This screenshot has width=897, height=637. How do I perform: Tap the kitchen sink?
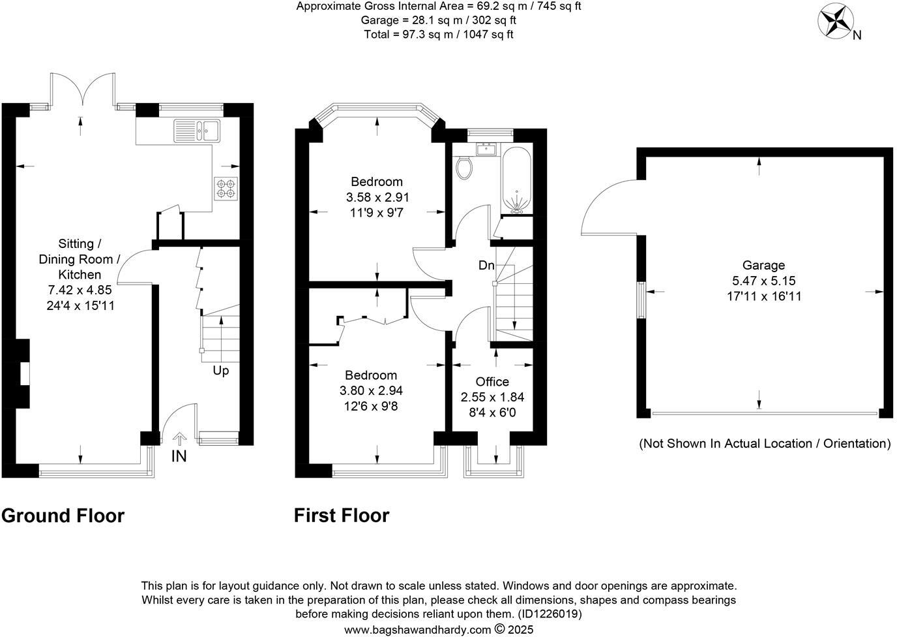(197, 131)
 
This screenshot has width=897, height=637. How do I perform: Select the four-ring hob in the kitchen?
(226, 189)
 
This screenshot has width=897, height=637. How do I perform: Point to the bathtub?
(516, 180)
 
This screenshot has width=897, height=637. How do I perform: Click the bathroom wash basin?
(486, 149)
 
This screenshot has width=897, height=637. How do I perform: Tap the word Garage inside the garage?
(763, 265)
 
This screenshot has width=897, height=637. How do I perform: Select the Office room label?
(492, 381)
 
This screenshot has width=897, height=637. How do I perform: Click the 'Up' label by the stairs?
(220, 371)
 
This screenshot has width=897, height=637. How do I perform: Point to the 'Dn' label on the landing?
(486, 265)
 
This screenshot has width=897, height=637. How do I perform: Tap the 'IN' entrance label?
(179, 456)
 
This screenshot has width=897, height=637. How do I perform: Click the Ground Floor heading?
(63, 516)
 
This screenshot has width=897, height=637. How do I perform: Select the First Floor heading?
(342, 516)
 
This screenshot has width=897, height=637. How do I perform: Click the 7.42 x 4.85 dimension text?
(80, 290)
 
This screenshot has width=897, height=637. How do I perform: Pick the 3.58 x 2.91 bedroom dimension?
(377, 197)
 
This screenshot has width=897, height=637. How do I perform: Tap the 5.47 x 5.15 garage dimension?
(763, 281)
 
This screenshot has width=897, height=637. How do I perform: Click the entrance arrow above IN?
(180, 439)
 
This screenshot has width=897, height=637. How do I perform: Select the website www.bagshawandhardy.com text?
(417, 630)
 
